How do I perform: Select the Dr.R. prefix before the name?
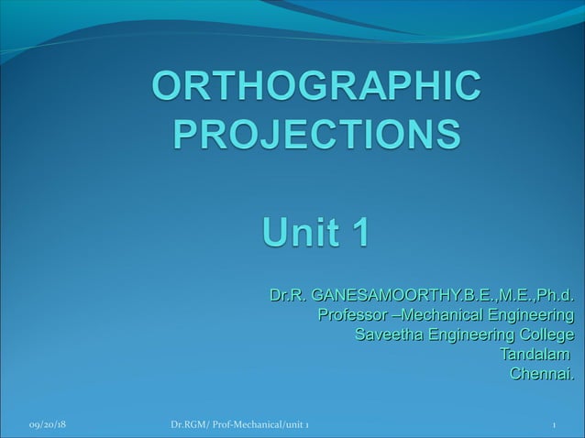(288, 296)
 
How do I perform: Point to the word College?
(546, 334)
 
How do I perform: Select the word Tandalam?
(533, 354)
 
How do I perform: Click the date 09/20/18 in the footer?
(52, 426)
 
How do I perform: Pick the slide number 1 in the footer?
(555, 426)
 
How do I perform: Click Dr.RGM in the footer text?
(189, 426)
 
